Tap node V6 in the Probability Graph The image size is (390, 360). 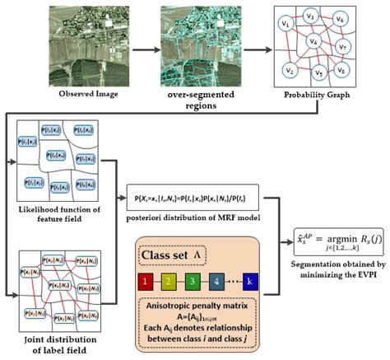pos(341,18)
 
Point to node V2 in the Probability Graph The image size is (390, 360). pos(287,68)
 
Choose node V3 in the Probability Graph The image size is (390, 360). pos(311,14)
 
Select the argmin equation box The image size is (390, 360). pos(339,240)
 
